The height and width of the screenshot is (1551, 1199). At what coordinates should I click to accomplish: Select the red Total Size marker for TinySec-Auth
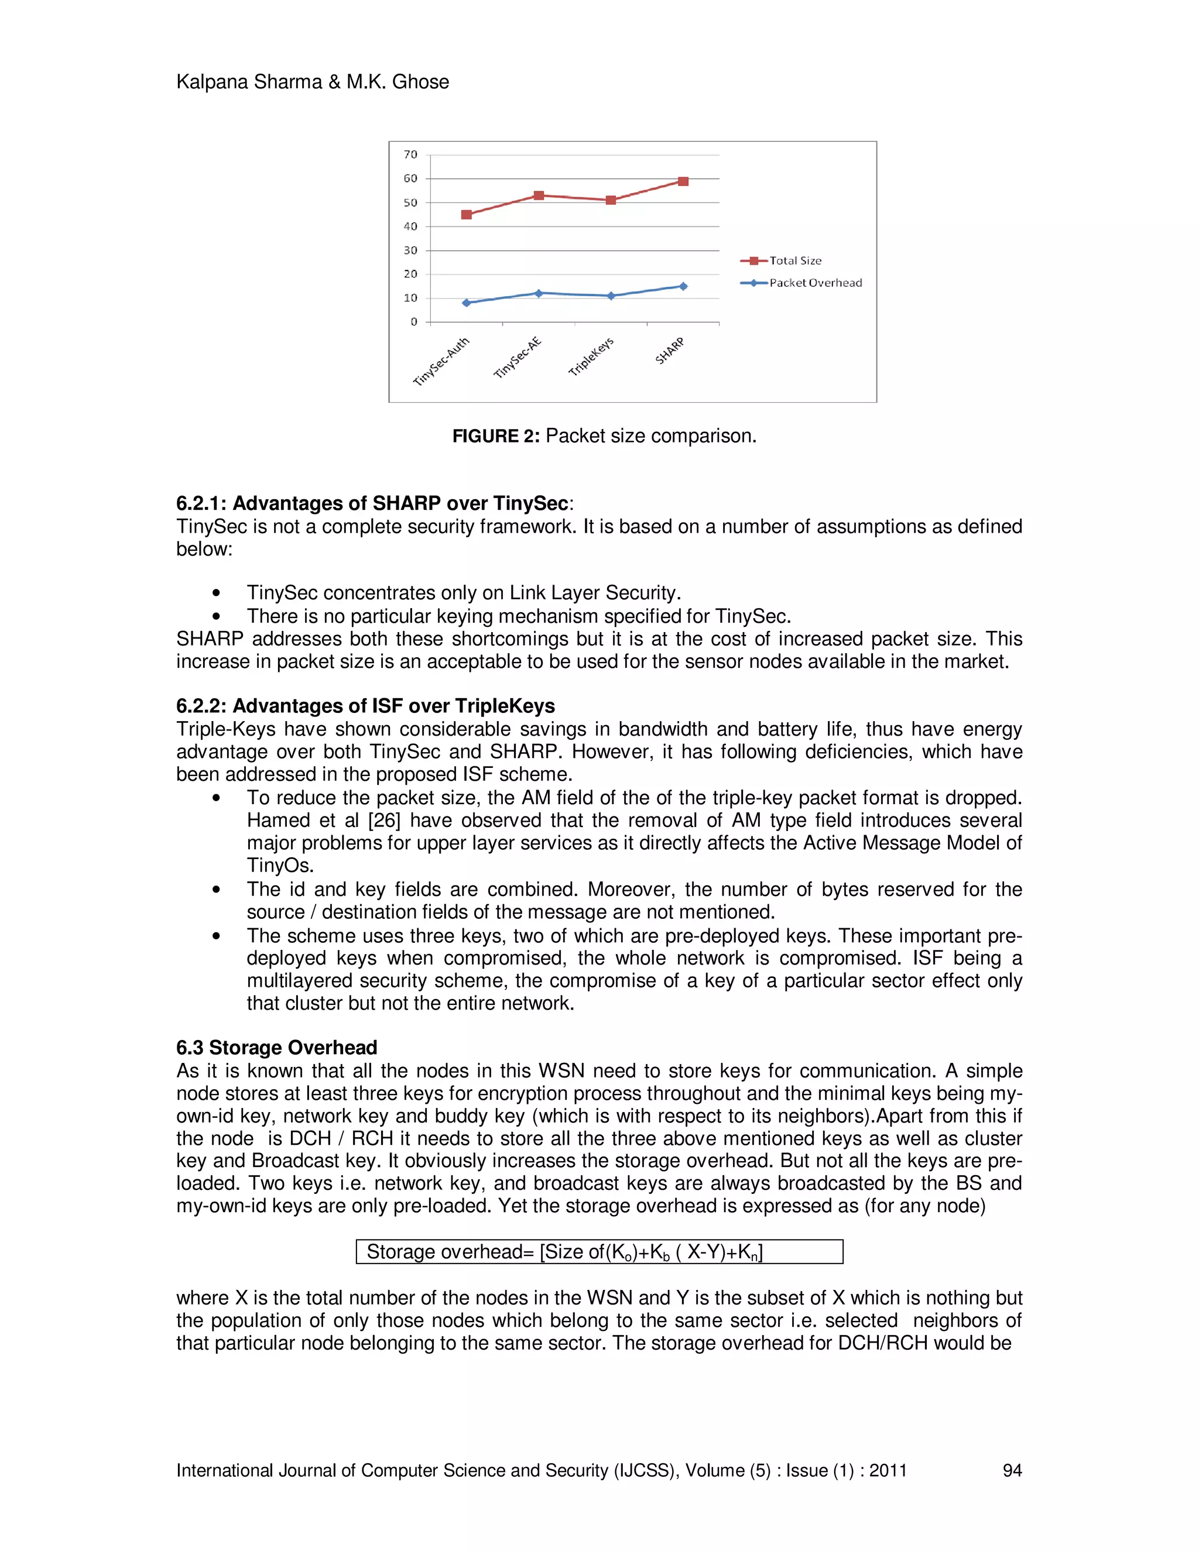[x=466, y=214]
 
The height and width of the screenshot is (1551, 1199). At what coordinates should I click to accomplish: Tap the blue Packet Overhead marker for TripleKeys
[x=611, y=296]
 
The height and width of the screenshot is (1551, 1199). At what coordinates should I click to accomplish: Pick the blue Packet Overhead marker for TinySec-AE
[x=539, y=293]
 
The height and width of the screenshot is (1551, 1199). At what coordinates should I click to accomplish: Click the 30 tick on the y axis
[x=410, y=250]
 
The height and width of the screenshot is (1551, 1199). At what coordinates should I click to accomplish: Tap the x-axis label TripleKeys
[x=591, y=356]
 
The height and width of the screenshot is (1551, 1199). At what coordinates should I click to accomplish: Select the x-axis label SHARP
[x=670, y=351]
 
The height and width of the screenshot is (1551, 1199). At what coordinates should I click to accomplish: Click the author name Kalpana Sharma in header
[x=249, y=82]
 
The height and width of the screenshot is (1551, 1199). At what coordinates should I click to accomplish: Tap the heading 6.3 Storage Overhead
[x=276, y=1048]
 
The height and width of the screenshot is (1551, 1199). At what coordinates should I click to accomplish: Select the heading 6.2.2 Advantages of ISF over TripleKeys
[x=365, y=706]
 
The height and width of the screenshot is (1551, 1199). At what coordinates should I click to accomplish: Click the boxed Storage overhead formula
[x=599, y=1252]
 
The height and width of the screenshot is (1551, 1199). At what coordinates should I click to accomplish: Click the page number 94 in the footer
[x=1012, y=1471]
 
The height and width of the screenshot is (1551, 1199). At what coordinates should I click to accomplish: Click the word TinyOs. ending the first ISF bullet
[x=280, y=866]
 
